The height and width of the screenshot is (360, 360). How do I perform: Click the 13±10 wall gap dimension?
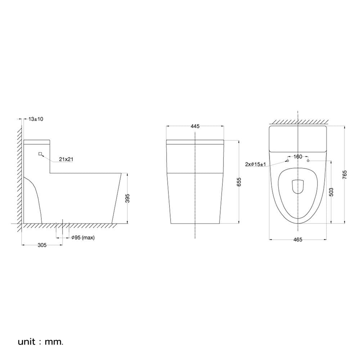(x=36, y=119)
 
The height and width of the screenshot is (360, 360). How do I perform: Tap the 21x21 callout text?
(x=66, y=159)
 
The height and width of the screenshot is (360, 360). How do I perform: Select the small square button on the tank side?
(x=40, y=154)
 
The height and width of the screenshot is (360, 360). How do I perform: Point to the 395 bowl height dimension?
(x=128, y=198)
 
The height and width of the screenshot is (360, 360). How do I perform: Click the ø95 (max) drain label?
(x=83, y=237)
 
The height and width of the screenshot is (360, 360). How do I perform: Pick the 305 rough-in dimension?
(x=42, y=245)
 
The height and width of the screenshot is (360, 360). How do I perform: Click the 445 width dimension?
(x=195, y=126)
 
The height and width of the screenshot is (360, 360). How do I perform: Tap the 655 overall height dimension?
(x=239, y=182)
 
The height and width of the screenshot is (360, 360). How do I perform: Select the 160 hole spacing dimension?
(x=298, y=157)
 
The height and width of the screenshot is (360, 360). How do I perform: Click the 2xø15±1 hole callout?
(x=255, y=164)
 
